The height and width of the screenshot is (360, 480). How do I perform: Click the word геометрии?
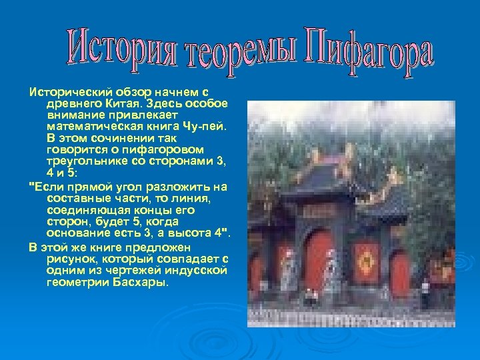(x=74, y=282)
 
